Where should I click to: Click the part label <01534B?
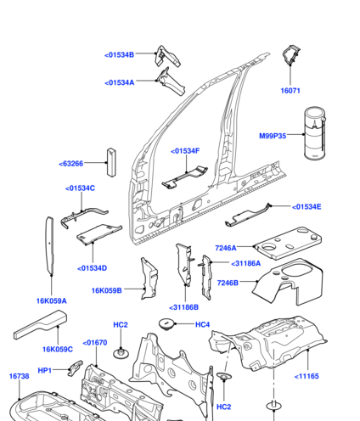[119, 55]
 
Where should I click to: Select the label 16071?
[290, 91]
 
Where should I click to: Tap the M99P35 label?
[273, 136]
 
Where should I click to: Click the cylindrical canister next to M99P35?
[315, 132]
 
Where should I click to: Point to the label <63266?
[71, 164]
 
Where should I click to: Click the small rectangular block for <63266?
[112, 162]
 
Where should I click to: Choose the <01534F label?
[185, 151]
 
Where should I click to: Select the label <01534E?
[307, 207]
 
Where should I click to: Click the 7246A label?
[226, 248]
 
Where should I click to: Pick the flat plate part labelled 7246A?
[289, 243]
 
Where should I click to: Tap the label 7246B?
[228, 283]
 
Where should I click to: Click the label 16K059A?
[52, 301]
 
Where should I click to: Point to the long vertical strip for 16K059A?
[50, 245]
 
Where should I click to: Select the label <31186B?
[183, 307]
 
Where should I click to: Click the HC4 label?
[203, 324]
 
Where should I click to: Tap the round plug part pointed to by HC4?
[167, 323]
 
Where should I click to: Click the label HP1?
[45, 370]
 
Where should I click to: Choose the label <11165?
[307, 376]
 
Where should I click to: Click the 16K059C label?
[58, 350]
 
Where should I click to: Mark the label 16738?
[19, 376]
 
